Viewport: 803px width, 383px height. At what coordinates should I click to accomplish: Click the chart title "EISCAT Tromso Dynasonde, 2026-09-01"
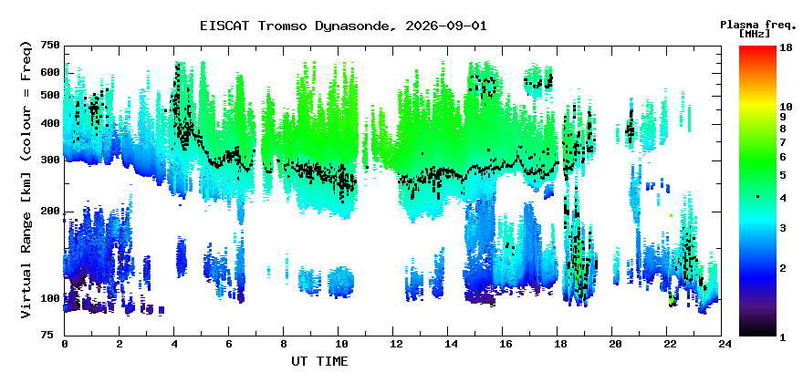343,26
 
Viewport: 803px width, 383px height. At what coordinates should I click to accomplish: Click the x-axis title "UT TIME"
319,361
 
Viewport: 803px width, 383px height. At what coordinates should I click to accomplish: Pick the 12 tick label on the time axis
392,344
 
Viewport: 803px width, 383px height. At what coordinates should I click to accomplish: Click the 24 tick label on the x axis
722,344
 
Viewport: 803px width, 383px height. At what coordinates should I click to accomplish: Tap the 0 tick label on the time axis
65,344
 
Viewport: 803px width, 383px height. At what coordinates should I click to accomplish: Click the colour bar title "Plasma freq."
758,25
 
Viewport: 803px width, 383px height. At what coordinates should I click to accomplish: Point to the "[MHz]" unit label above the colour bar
755,34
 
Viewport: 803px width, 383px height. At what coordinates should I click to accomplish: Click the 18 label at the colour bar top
786,47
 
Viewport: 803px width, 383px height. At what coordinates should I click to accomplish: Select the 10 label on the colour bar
786,107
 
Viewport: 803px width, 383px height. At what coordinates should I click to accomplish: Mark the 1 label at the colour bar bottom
783,337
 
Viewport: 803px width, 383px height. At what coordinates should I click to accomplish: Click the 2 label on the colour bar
783,268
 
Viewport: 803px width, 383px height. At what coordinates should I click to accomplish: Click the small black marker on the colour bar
757,197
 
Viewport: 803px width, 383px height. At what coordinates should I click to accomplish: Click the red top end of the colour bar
757,47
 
